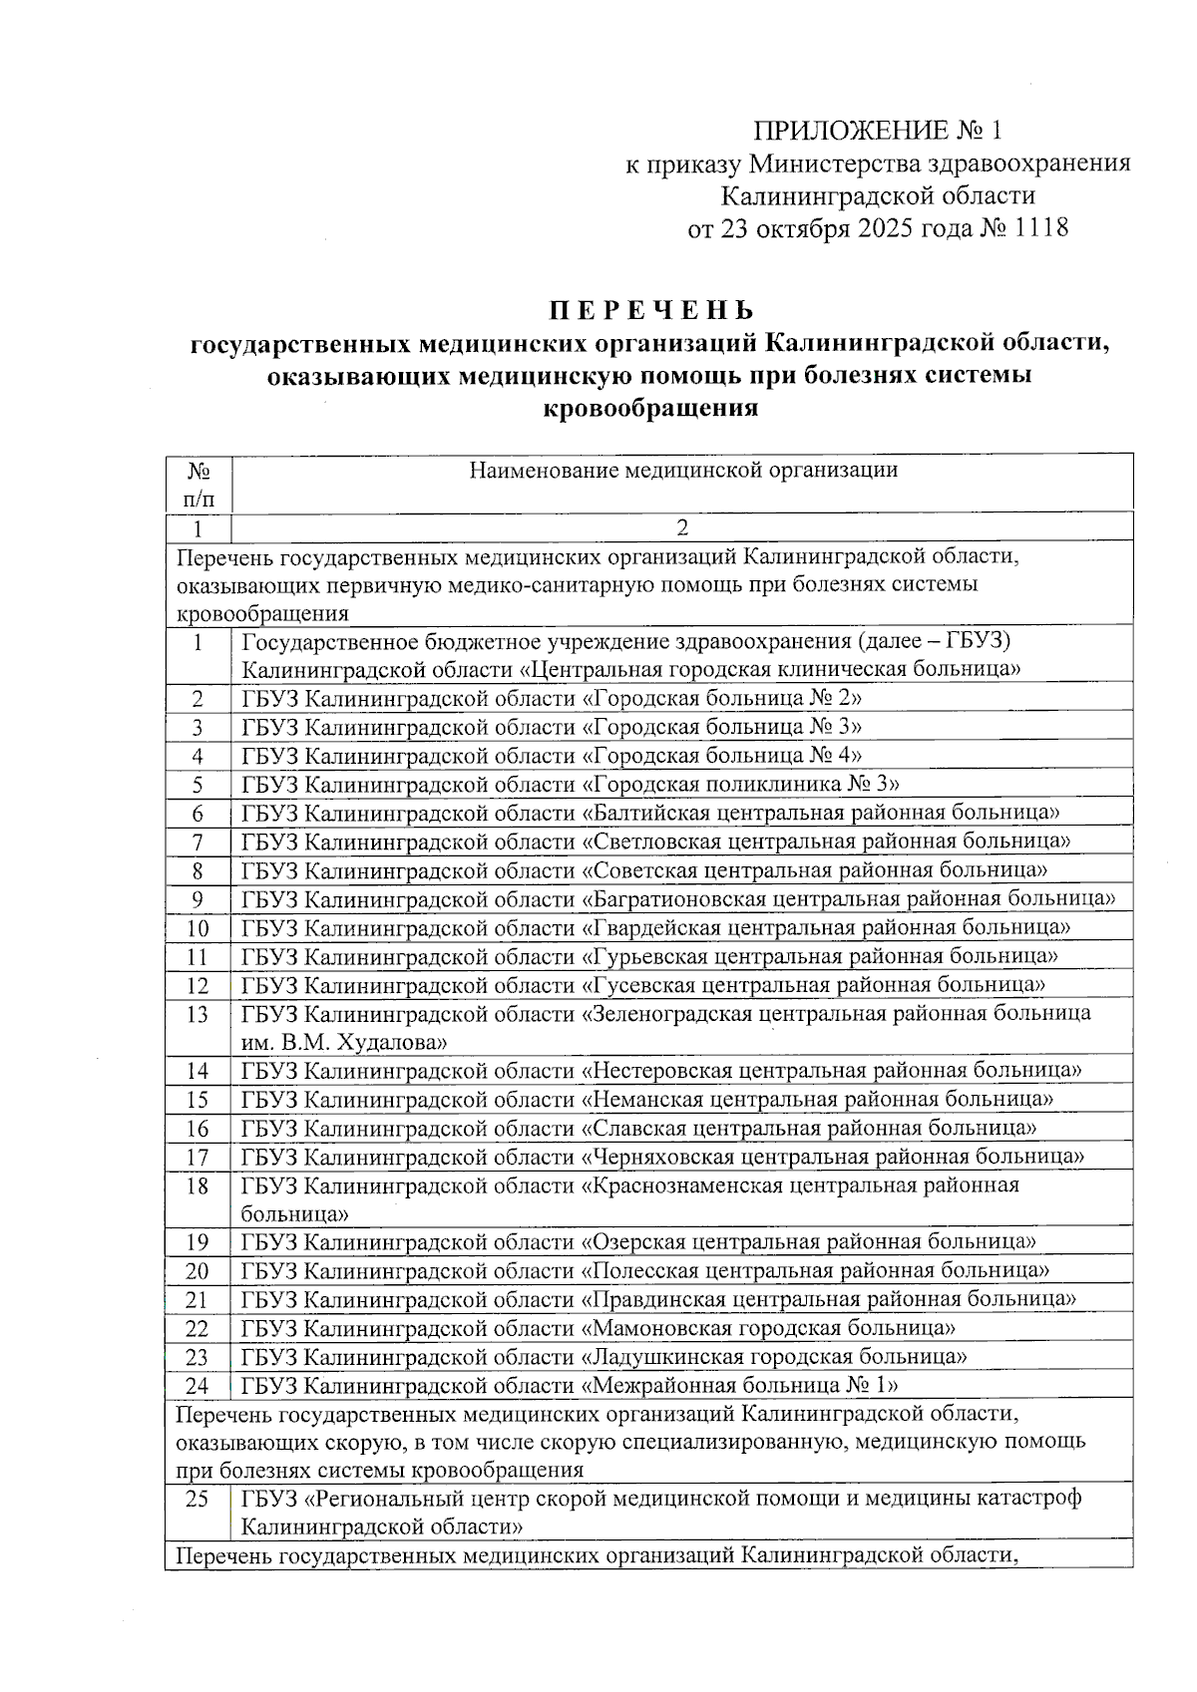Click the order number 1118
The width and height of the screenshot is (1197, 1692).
tap(1041, 228)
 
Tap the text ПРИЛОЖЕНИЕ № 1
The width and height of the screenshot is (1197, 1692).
tap(876, 132)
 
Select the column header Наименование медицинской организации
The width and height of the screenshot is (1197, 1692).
tap(683, 470)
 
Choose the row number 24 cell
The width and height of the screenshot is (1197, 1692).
tap(198, 1385)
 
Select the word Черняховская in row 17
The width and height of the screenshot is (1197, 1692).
tap(658, 1157)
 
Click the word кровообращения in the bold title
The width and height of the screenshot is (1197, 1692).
tap(649, 408)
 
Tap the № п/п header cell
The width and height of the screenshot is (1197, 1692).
tap(198, 484)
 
